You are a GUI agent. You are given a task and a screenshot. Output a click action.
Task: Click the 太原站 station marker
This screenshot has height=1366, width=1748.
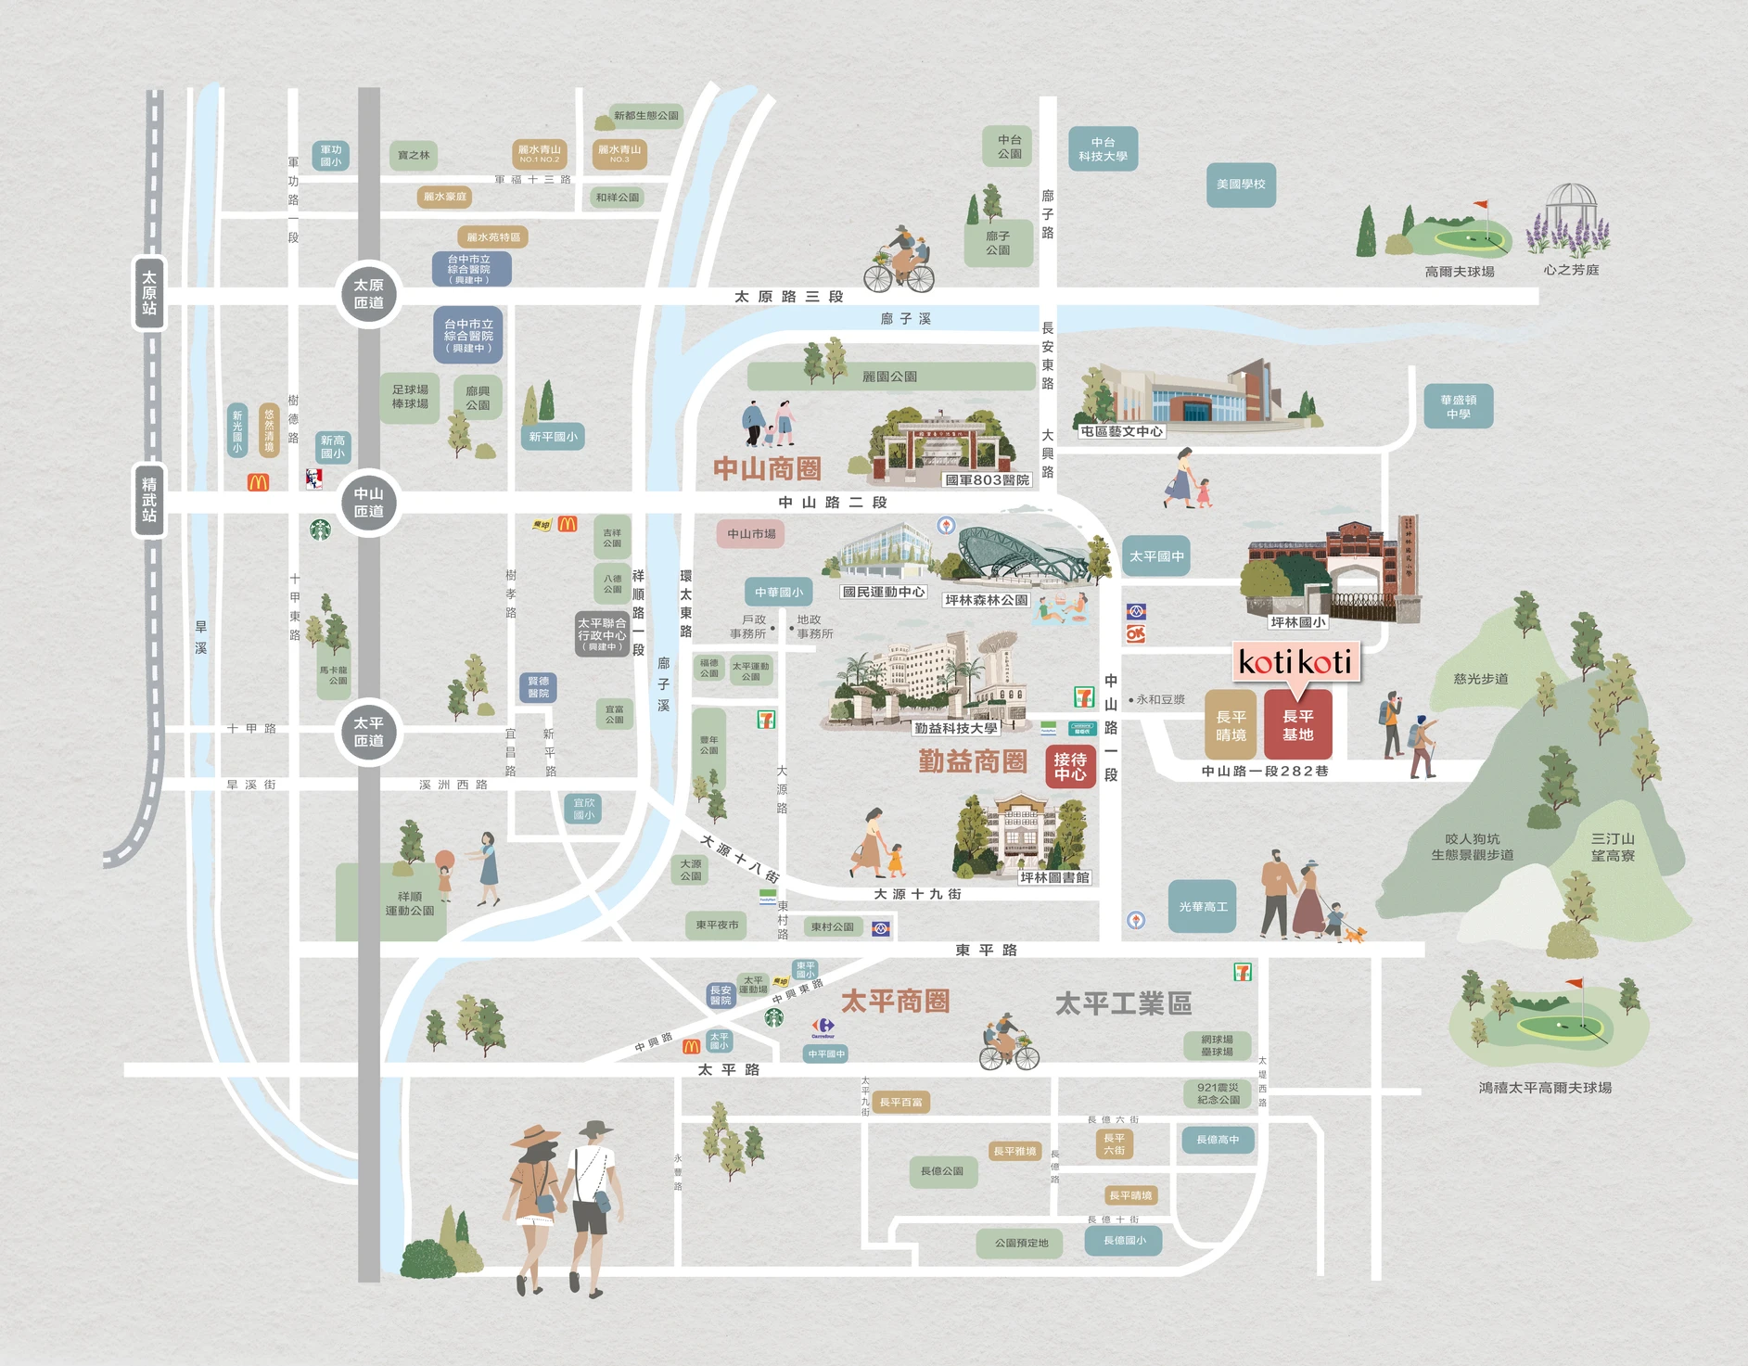point(149,292)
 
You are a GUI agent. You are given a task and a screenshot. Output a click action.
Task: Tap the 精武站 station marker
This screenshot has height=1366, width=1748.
point(149,499)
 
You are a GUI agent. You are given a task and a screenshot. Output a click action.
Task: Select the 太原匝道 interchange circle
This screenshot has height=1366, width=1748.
point(368,294)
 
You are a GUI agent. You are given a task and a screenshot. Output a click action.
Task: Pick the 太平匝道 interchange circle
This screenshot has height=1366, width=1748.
point(368,732)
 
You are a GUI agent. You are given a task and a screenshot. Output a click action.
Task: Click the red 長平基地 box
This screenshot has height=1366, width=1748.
point(1297,725)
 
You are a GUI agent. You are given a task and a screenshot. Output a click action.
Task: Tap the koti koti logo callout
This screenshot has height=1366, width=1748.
point(1295,662)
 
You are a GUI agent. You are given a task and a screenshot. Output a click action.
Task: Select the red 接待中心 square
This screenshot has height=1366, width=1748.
point(1069,766)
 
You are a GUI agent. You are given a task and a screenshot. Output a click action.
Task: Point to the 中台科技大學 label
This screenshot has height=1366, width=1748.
point(1103,149)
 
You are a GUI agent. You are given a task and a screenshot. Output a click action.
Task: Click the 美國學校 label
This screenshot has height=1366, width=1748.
point(1241,185)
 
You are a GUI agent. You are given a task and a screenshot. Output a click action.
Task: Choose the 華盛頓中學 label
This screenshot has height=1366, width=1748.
point(1458,406)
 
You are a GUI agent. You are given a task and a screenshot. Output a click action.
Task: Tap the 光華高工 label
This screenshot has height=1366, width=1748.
point(1203,906)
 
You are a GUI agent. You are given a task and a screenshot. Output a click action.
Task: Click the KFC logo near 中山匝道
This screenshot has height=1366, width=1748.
point(314,479)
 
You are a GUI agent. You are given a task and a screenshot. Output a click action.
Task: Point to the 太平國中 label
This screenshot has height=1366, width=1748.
point(1156,556)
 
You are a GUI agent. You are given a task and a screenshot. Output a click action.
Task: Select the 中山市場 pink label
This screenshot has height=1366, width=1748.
point(751,533)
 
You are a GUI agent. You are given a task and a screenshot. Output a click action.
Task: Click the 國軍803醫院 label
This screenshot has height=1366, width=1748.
point(987,479)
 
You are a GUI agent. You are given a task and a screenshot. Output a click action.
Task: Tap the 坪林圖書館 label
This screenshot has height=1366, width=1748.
point(1054,877)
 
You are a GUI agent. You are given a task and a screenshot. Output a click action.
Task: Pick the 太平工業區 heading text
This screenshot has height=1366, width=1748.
point(1123,1003)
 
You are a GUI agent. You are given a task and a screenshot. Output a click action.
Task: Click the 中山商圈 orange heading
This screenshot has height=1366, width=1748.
point(767,468)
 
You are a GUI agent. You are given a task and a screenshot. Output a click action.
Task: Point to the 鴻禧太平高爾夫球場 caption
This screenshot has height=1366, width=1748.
point(1545,1087)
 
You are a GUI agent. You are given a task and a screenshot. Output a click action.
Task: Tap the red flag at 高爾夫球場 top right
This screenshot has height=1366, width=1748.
point(1481,204)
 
